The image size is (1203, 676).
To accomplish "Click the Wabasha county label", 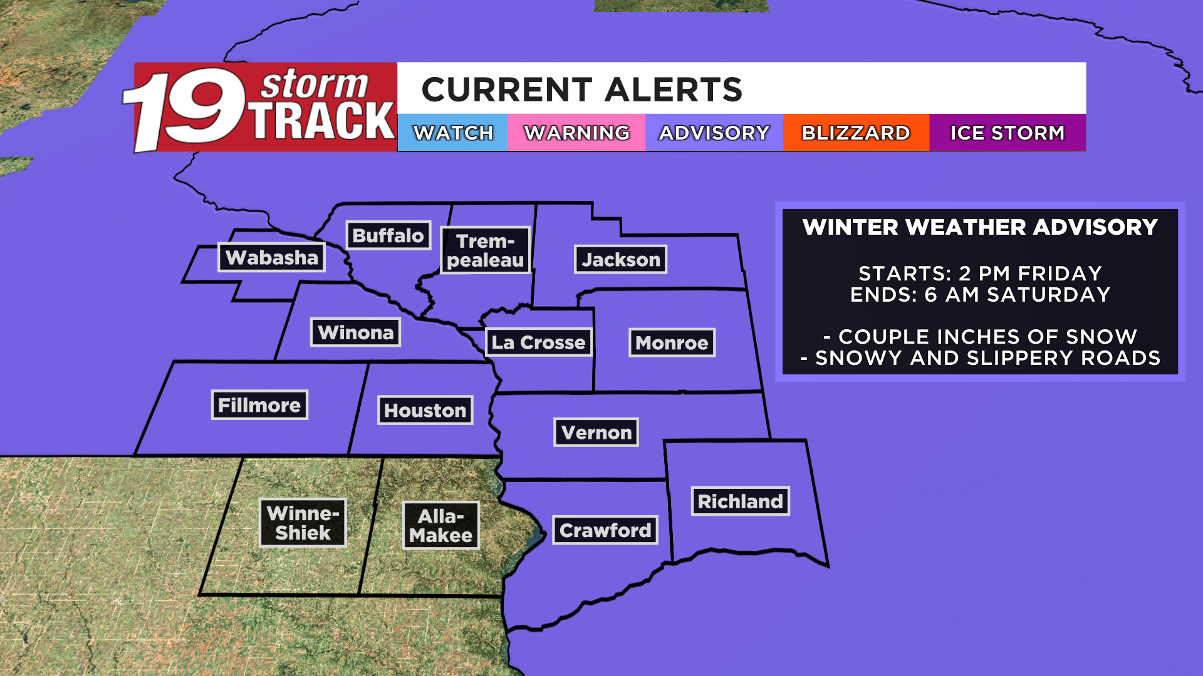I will click(x=271, y=257).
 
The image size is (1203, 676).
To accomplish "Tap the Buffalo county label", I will click(x=388, y=235).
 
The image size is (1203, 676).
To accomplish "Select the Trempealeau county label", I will click(x=486, y=250).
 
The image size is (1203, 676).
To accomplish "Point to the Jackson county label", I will click(x=620, y=259).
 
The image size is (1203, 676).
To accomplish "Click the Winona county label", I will click(x=355, y=332).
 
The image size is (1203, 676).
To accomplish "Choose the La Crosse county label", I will click(x=538, y=342).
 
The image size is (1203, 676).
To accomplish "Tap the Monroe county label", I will click(x=672, y=343).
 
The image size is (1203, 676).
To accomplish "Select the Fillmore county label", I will click(x=259, y=405).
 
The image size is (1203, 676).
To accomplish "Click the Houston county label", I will click(x=425, y=411).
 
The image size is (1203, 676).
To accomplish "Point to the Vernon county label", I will click(x=596, y=433).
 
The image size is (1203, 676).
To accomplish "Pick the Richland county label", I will click(x=740, y=501).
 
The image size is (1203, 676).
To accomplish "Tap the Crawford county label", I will click(x=605, y=530).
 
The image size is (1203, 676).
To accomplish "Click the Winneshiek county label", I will click(x=303, y=523).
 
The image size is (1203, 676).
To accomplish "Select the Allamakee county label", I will click(x=440, y=526).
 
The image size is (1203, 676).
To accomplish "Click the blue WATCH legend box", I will click(x=452, y=133).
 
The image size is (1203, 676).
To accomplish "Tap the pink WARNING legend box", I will click(x=576, y=133).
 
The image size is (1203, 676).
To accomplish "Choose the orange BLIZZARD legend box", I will click(x=856, y=133).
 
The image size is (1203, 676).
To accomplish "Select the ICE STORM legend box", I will click(x=1008, y=133).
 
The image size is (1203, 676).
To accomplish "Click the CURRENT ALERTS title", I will click(x=582, y=90).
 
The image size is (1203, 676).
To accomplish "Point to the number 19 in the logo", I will click(x=185, y=108).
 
